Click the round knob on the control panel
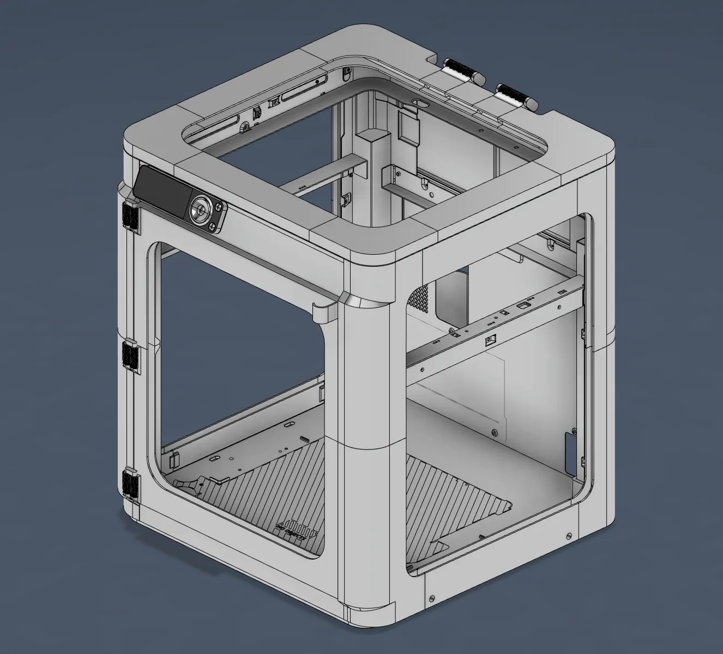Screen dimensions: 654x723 pos(200,209)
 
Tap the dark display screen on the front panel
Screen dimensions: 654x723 pos(160,191)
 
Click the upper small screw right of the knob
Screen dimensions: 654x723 pos(219,206)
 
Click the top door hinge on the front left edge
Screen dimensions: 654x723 pos(131,214)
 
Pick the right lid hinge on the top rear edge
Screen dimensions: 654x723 pos(515,95)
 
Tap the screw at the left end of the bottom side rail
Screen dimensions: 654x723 pos(432,598)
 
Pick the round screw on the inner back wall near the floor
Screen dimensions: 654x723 pos(494,433)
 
